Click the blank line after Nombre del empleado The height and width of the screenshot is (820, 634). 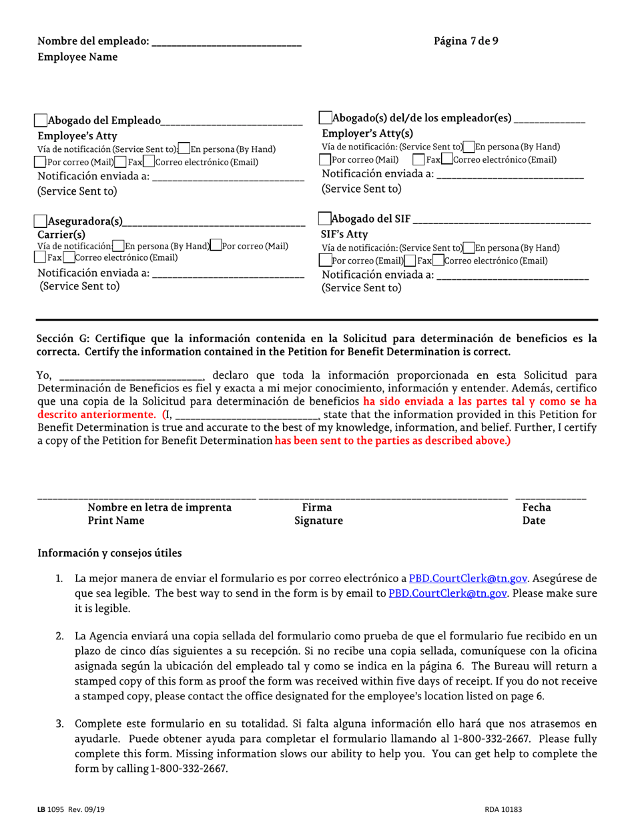click(x=226, y=42)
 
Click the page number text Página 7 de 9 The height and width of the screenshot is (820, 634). click(x=465, y=41)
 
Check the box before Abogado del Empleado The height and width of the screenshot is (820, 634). click(x=41, y=121)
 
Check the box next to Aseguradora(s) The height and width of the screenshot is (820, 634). click(x=41, y=221)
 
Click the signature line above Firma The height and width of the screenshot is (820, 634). click(x=383, y=498)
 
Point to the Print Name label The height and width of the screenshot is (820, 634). click(x=116, y=521)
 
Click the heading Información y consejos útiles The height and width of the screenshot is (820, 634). click(x=109, y=553)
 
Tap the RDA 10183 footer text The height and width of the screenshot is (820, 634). click(x=503, y=809)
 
